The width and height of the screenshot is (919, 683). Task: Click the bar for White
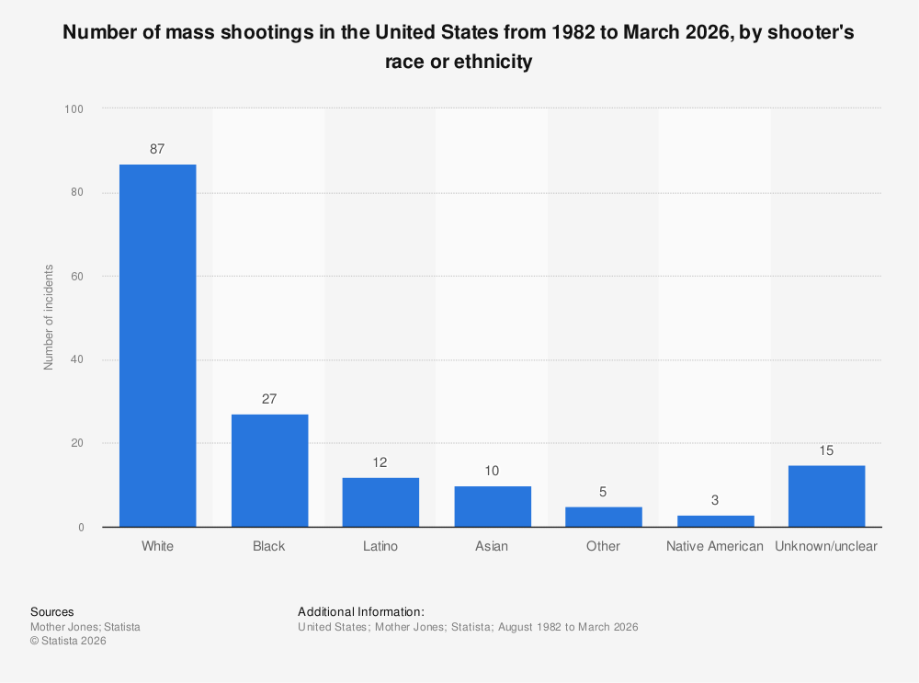click(157, 346)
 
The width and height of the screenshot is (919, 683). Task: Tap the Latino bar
click(380, 502)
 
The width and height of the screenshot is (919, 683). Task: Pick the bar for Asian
click(492, 507)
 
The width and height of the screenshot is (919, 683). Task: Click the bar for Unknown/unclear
click(826, 496)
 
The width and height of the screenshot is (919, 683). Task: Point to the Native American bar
click(715, 521)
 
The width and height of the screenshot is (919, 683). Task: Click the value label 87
click(157, 149)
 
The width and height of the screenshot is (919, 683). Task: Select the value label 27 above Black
click(269, 399)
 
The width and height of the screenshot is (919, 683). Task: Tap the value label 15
click(826, 450)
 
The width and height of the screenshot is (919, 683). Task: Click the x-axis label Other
click(603, 546)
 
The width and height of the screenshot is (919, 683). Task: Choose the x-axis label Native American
click(715, 546)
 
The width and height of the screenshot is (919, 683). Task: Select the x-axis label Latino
click(380, 546)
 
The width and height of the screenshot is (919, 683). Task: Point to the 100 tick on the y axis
click(74, 109)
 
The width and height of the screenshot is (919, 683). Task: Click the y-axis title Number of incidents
click(49, 317)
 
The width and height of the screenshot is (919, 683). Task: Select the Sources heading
click(52, 611)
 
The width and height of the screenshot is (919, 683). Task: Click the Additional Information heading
click(361, 611)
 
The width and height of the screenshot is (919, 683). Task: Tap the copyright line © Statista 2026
click(68, 642)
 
